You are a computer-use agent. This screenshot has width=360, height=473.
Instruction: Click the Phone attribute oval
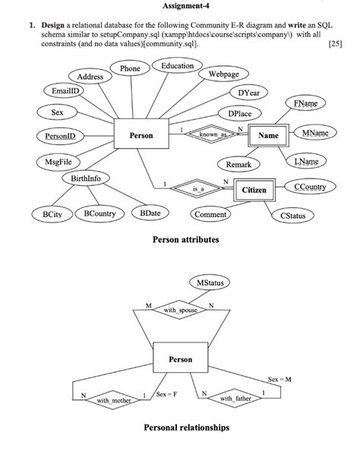(130, 68)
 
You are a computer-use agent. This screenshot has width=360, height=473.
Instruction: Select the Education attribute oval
(177, 66)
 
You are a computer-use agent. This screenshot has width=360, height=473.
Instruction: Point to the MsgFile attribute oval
(54, 162)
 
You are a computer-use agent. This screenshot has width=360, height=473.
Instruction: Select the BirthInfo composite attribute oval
(85, 178)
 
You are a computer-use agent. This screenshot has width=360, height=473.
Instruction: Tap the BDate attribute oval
(150, 214)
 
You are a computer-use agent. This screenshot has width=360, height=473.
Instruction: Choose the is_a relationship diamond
(199, 188)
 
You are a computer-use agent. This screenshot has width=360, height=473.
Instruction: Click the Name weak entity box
(268, 135)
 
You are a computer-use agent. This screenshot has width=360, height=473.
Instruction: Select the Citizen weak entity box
(254, 189)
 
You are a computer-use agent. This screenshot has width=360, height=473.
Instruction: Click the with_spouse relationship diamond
(180, 310)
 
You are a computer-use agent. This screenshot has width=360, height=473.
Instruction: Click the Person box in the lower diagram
(180, 359)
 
